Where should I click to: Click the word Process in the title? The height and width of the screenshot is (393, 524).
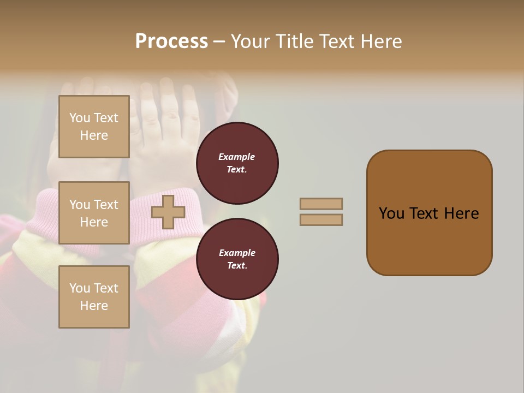(171, 41)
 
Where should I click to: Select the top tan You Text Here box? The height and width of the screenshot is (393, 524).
(94, 127)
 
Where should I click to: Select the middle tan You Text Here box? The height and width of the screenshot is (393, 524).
(94, 213)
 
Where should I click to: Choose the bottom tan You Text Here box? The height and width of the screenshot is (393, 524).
(94, 296)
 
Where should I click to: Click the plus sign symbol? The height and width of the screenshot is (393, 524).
(168, 212)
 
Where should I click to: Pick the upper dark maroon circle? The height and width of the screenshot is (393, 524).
(237, 163)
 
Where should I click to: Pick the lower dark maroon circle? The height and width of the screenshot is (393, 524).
(237, 259)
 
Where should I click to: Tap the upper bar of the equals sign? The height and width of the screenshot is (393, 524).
(321, 204)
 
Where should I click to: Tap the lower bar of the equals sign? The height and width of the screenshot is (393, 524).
(321, 220)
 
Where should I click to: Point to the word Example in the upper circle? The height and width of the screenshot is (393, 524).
(236, 157)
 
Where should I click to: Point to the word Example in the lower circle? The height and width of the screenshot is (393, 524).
(236, 253)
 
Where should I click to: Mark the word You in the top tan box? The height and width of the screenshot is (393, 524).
(80, 118)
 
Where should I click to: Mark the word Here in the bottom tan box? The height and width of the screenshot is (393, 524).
(94, 306)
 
